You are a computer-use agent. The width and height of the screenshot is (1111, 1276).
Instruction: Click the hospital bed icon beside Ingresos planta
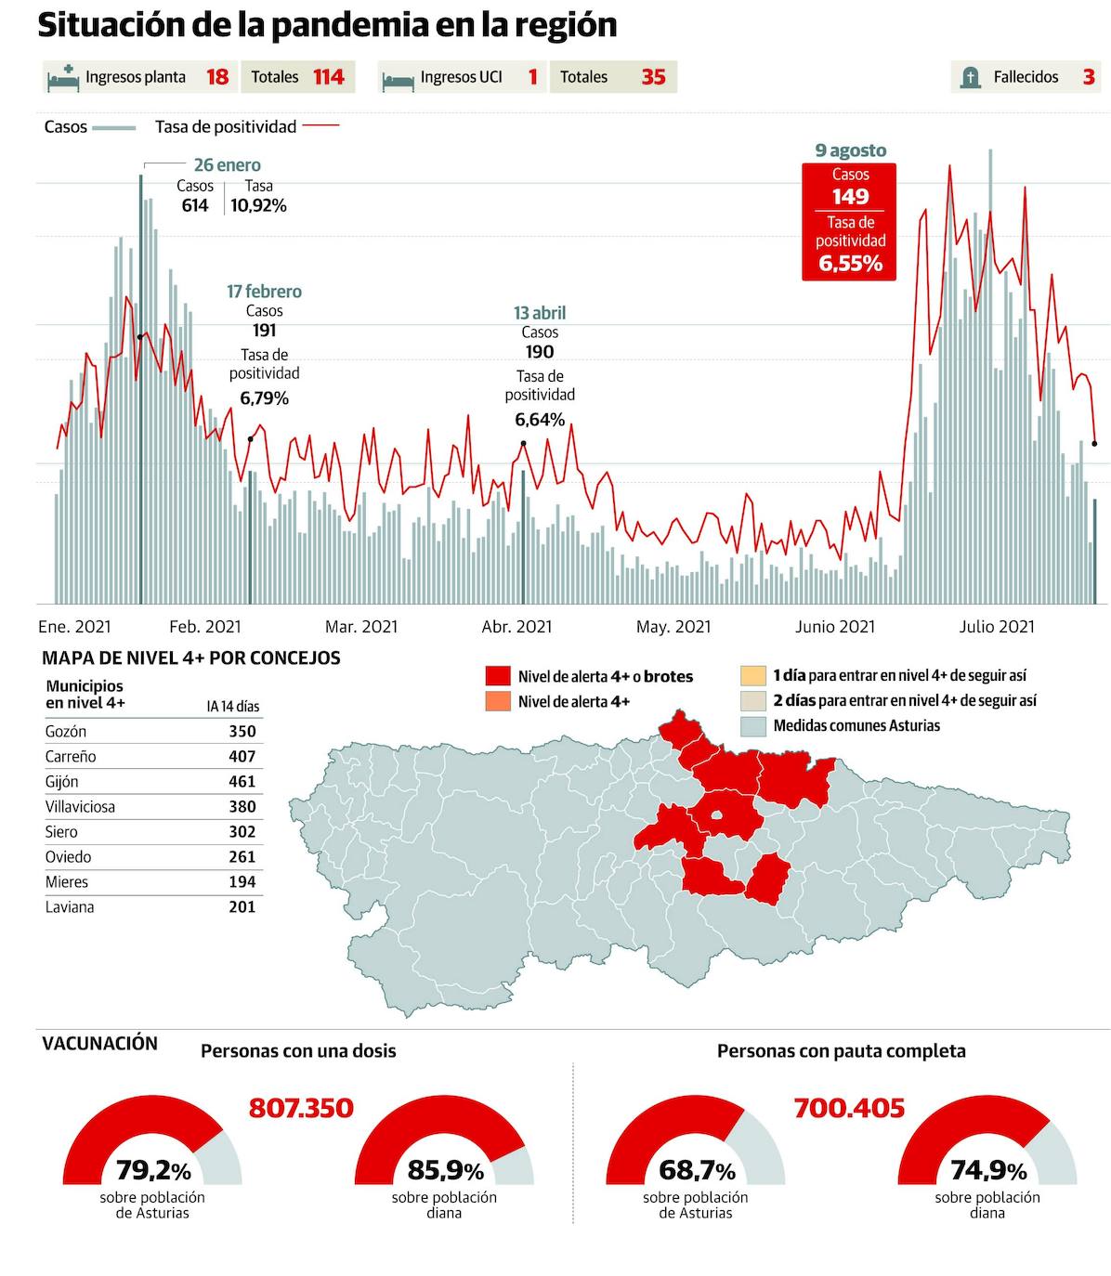tap(63, 78)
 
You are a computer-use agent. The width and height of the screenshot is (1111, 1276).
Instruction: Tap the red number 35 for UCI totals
tap(653, 77)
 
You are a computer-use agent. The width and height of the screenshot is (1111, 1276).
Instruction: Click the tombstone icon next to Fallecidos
tap(970, 78)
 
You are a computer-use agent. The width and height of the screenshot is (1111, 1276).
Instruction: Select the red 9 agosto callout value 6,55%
tap(850, 264)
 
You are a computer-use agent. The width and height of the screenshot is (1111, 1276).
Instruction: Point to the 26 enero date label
tap(227, 165)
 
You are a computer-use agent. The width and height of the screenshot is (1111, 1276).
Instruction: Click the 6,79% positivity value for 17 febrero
tap(264, 398)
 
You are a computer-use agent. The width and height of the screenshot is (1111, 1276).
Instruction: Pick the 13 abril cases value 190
tap(540, 352)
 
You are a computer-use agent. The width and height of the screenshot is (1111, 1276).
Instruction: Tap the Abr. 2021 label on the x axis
tap(516, 627)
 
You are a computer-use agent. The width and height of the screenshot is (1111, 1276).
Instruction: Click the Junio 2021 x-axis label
tap(834, 627)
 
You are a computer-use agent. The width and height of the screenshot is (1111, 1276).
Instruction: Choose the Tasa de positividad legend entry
tap(226, 126)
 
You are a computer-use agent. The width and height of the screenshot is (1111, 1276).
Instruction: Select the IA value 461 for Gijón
tap(242, 782)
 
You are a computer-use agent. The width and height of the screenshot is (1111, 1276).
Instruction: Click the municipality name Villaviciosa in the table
tap(80, 807)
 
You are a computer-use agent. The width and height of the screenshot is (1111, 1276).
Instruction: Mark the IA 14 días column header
tap(233, 707)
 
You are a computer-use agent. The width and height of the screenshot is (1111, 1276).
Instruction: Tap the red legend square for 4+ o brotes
tap(498, 676)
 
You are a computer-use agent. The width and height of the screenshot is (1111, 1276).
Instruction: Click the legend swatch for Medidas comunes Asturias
tap(753, 725)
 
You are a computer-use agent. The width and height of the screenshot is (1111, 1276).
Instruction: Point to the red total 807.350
tap(301, 1108)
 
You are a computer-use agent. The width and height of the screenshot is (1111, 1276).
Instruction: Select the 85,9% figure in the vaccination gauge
tap(445, 1170)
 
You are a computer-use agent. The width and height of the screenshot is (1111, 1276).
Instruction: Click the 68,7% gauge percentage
tap(697, 1170)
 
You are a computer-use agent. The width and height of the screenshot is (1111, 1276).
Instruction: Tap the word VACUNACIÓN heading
tap(99, 1043)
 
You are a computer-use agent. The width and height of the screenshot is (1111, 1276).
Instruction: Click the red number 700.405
tap(849, 1108)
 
